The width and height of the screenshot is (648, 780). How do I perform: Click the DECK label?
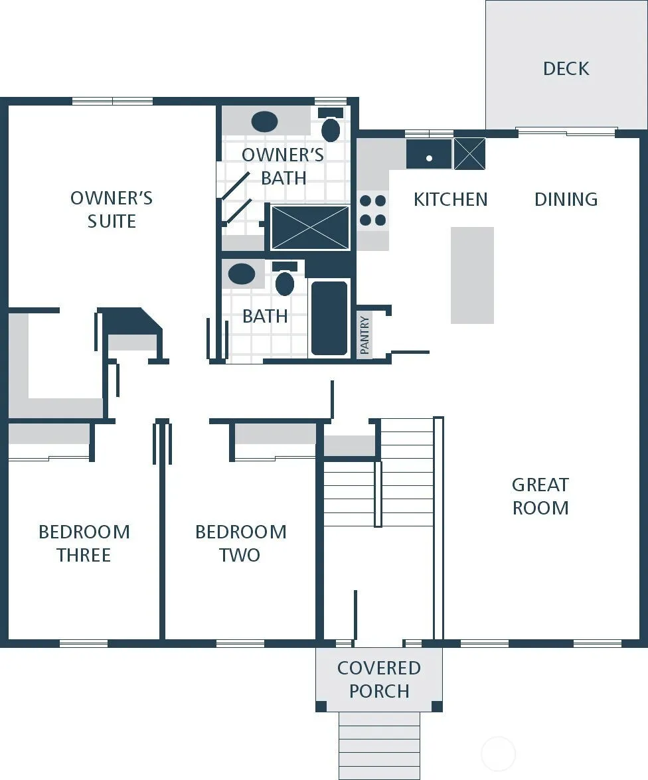click(x=566, y=68)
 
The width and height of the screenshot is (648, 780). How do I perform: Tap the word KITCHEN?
click(x=450, y=199)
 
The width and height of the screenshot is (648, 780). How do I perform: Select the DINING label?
click(x=566, y=199)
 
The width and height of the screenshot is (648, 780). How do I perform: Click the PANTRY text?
click(x=364, y=335)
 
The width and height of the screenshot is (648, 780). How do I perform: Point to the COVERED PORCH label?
click(x=378, y=679)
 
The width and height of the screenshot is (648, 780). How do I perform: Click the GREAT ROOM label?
click(x=540, y=496)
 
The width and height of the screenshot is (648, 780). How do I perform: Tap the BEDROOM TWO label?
click(x=241, y=543)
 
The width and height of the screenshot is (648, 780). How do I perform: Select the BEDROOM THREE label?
click(x=84, y=543)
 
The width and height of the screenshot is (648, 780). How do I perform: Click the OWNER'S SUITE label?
click(x=112, y=209)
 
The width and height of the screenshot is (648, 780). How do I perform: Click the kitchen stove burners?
click(x=372, y=210)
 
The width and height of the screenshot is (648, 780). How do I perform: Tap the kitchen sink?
click(x=429, y=154)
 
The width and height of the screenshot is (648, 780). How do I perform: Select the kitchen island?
click(x=472, y=275)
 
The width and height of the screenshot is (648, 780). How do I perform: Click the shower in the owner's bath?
click(x=310, y=227)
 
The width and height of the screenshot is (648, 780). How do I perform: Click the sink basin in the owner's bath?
click(x=264, y=122)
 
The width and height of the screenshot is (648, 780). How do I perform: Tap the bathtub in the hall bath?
click(x=329, y=318)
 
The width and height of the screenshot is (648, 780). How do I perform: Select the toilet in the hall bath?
click(x=284, y=279)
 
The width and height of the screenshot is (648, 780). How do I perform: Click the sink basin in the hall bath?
click(x=242, y=274)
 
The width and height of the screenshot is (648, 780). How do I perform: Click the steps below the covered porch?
click(x=379, y=745)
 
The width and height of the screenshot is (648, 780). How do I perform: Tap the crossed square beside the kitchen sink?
click(x=469, y=154)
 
